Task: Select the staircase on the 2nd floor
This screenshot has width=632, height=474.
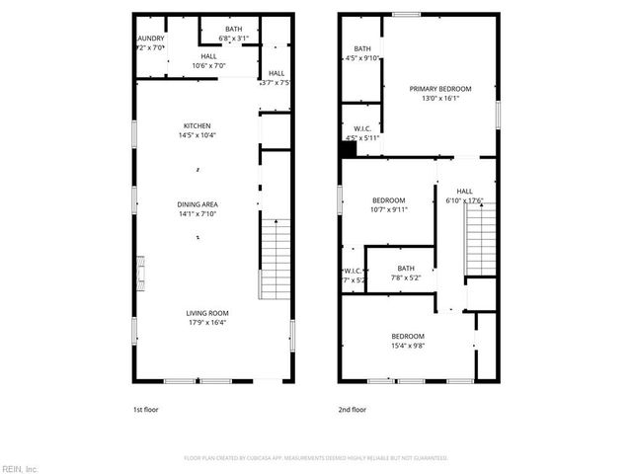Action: coord(480,238)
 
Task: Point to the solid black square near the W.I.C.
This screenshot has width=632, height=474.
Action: coord(347,150)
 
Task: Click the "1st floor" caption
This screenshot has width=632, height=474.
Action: coord(145,409)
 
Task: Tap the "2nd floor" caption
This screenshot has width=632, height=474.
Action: coord(351,409)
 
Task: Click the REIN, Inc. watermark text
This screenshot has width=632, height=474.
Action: coord(19,468)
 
